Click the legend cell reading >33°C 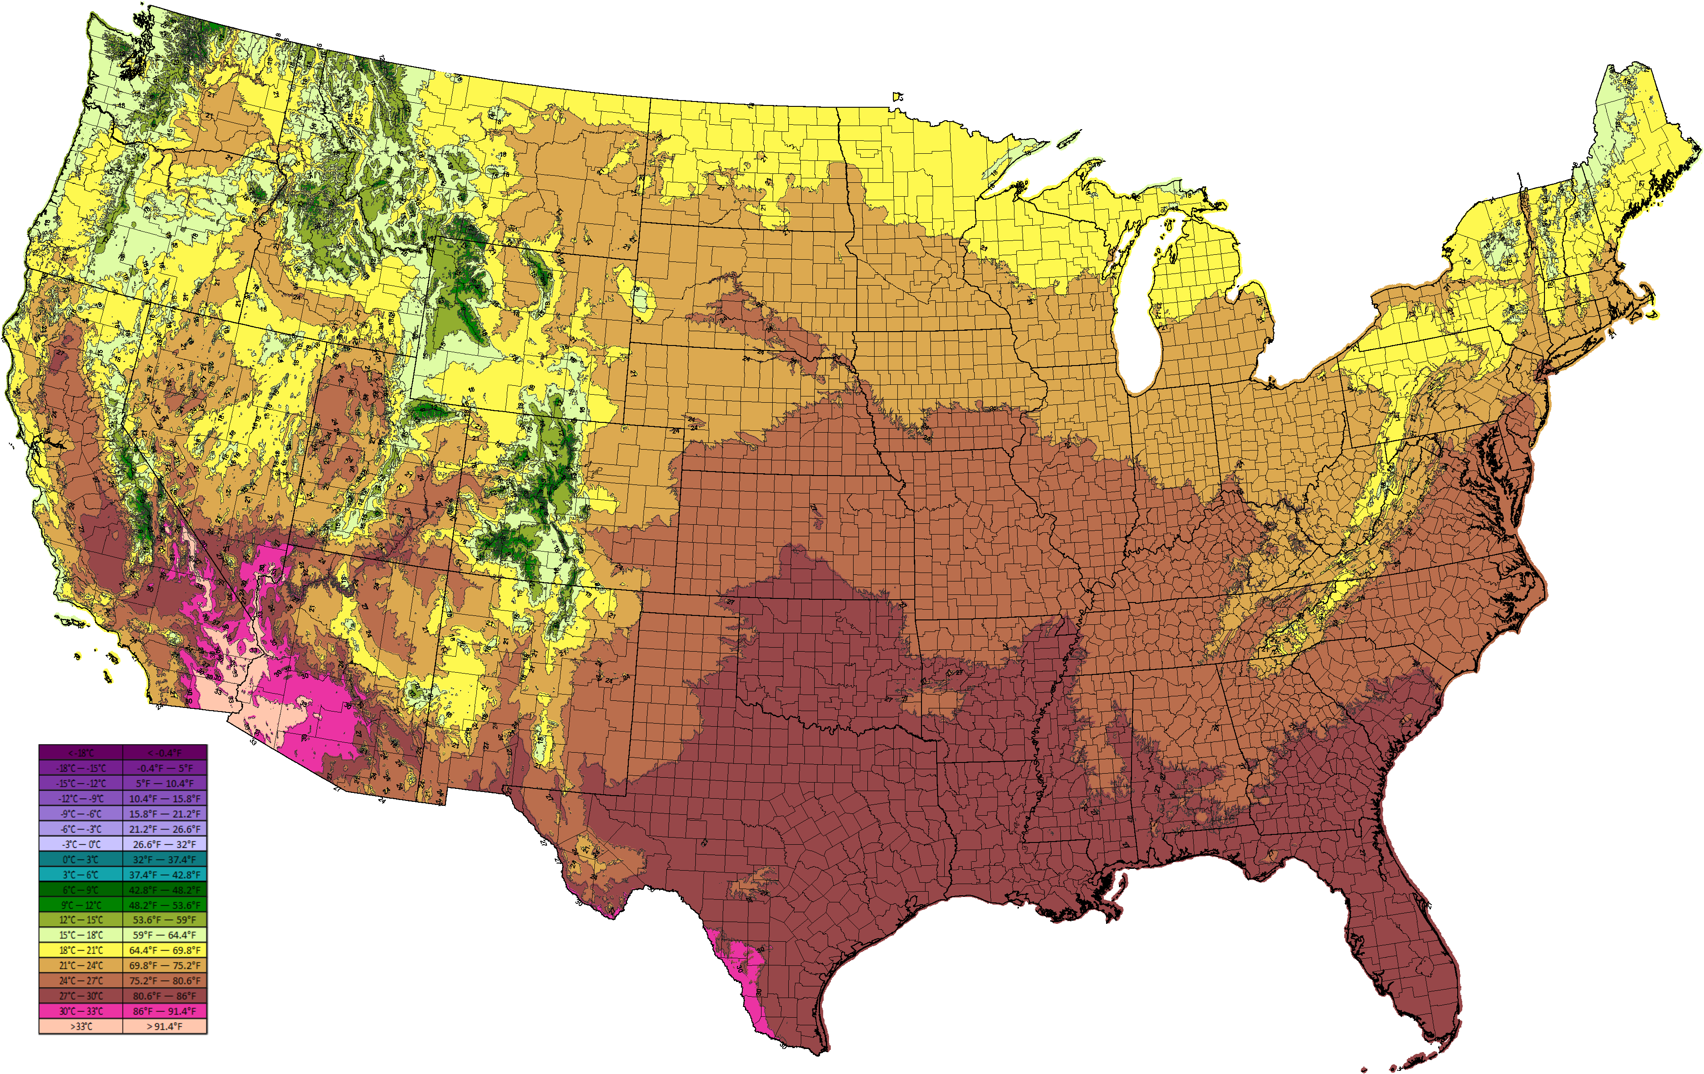pos(81,1026)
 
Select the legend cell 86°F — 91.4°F pos(165,1011)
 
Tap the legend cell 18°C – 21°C pos(81,950)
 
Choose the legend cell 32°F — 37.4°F pos(165,859)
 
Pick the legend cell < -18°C pos(81,753)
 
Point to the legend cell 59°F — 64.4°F pos(165,935)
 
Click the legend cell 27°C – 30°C pos(81,995)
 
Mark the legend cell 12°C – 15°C pos(81,920)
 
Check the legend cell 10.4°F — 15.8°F pos(165,798)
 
